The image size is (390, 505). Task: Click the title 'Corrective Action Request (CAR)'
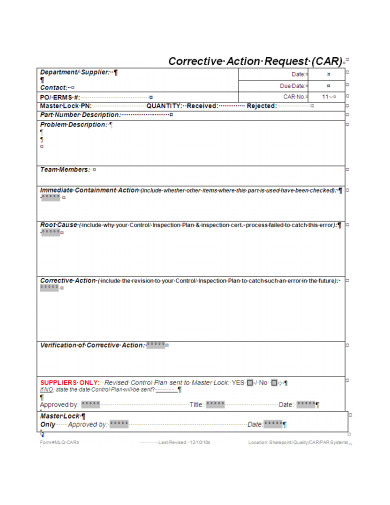click(254, 60)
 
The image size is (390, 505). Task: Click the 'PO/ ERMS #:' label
click(60, 97)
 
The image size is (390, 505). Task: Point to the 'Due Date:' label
click(294, 86)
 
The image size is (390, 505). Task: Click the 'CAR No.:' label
click(293, 97)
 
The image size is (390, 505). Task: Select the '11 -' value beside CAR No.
click(327, 97)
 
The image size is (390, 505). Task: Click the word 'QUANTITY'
click(164, 106)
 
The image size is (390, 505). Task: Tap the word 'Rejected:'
click(262, 106)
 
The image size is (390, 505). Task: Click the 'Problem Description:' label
click(72, 124)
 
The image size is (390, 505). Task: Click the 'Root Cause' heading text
click(58, 226)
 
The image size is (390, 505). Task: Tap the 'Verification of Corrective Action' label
click(91, 344)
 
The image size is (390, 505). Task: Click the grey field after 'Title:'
click(215, 404)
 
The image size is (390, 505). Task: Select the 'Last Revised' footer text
click(176, 441)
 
